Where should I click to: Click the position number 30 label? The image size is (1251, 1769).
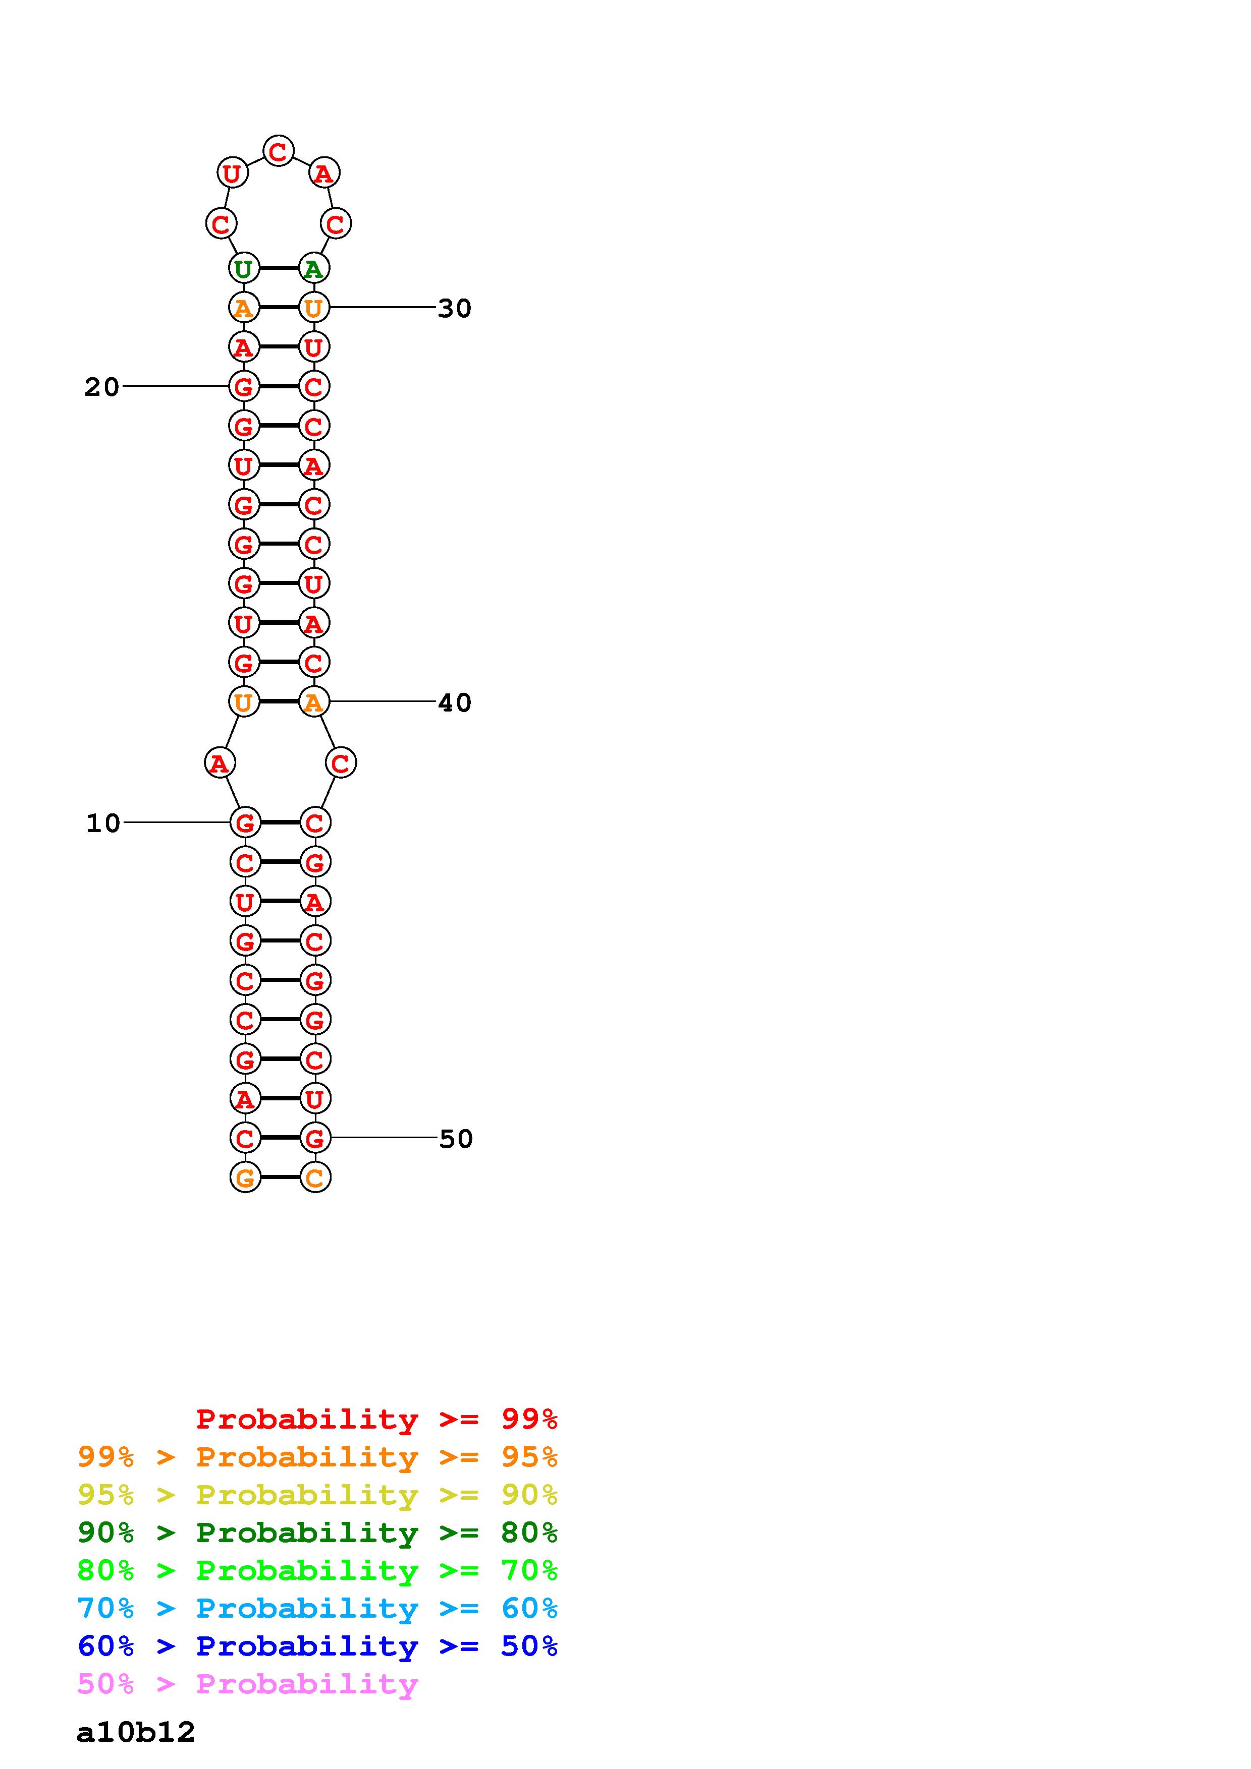(454, 308)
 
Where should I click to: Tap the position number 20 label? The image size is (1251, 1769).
(102, 387)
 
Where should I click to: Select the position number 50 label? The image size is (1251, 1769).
(456, 1139)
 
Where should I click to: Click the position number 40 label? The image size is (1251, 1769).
(455, 702)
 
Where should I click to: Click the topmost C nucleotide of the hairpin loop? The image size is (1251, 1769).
(278, 150)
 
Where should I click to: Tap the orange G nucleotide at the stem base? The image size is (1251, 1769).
(245, 1177)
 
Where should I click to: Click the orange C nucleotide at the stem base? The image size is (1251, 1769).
(314, 1177)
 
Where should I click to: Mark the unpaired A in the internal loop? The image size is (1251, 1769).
(220, 763)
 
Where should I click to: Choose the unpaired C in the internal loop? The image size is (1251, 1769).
(340, 763)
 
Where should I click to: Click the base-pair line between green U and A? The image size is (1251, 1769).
(278, 268)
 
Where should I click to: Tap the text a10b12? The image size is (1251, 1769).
(136, 1733)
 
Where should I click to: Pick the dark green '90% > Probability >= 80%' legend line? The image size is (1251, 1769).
(317, 1532)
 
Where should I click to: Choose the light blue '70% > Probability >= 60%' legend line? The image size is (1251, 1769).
(317, 1608)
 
